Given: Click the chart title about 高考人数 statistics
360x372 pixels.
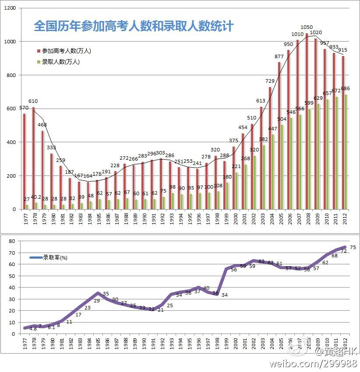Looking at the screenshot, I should pyautogui.click(x=134, y=26).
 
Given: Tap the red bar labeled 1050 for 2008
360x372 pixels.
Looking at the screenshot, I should pyautogui.click(x=307, y=123).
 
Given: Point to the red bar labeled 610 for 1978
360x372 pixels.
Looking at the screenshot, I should pyautogui.click(x=33, y=158).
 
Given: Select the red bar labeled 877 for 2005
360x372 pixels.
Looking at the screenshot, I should pyautogui.click(x=279, y=136).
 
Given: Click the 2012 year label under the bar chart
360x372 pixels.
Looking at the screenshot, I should pyautogui.click(x=345, y=218).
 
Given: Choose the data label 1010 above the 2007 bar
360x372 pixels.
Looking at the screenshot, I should pyautogui.click(x=297, y=34).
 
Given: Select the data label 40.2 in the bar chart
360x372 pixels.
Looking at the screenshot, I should pyautogui.click(x=36, y=197).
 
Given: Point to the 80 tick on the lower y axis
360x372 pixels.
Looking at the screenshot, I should pyautogui.click(x=13, y=241).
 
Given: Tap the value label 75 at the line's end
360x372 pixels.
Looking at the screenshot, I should pyautogui.click(x=353, y=248).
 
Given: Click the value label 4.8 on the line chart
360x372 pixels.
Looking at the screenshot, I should pyautogui.click(x=33, y=329).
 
